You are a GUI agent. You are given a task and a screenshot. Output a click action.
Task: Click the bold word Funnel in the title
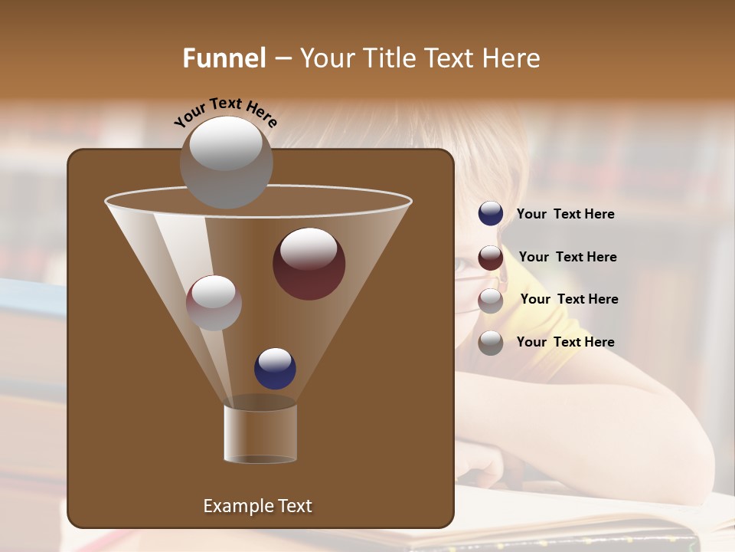pos(224,58)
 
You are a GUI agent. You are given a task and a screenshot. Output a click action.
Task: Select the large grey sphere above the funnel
pos(226,162)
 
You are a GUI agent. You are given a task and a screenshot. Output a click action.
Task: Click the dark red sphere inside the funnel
pos(309,264)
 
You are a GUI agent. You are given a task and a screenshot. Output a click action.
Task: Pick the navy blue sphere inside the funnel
pos(275,368)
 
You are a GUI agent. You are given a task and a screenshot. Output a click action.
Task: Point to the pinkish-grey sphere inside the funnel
pos(214,303)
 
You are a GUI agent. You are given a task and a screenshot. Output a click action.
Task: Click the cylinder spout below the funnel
pos(260,433)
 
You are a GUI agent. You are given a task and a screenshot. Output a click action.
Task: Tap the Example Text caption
pos(257,506)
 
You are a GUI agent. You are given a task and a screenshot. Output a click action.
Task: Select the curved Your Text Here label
pos(225,112)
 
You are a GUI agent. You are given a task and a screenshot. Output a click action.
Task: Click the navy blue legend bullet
pos(491,213)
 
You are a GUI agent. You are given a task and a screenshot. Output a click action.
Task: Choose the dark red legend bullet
pos(491,257)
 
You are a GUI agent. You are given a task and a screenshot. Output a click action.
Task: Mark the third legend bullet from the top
pos(491,300)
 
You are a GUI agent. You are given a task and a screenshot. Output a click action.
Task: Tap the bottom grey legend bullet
pos(491,343)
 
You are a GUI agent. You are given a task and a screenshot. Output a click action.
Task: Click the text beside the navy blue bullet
pos(565,214)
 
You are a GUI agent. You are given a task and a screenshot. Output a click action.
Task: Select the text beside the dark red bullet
pos(567,257)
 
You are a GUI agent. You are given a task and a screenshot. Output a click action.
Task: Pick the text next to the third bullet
pos(569,299)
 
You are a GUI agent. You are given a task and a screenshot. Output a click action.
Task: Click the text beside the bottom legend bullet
pos(565,342)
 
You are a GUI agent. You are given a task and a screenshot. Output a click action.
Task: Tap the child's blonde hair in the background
pos(490,153)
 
